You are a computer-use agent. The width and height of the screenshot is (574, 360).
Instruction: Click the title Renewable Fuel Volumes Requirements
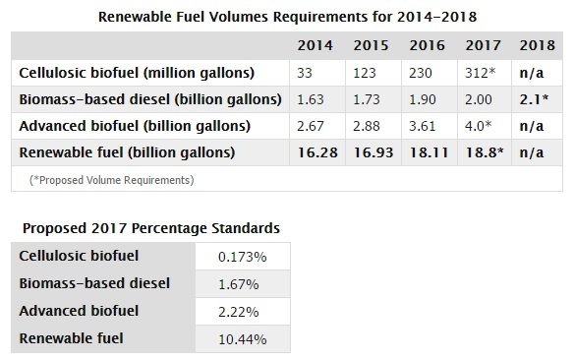click(286, 15)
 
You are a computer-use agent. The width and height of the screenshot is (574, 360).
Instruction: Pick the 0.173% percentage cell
click(244, 256)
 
